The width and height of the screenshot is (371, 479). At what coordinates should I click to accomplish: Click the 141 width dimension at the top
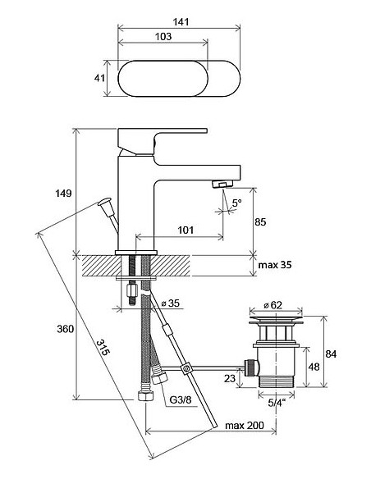[181, 22]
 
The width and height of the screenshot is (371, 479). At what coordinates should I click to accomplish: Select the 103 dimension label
[163, 36]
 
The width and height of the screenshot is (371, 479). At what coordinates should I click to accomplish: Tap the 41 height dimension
[99, 78]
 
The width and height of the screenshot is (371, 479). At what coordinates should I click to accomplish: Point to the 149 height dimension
[63, 193]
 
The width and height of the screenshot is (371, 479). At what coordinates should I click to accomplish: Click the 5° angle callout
[237, 203]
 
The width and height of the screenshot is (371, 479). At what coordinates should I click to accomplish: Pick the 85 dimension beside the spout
[260, 221]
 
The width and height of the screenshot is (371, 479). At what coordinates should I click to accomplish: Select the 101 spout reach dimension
[185, 230]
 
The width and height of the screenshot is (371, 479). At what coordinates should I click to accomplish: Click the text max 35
[275, 265]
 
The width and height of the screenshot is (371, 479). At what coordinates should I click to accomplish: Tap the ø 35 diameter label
[171, 303]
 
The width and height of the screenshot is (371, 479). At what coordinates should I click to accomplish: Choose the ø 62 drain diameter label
[273, 304]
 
